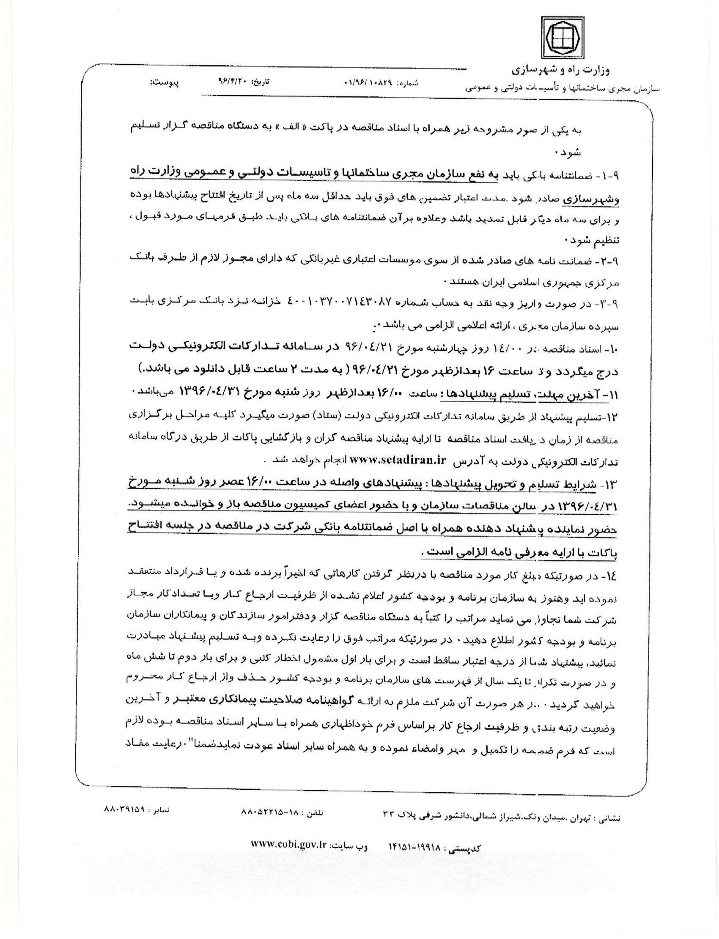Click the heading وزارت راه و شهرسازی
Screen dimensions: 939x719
tap(562, 69)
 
